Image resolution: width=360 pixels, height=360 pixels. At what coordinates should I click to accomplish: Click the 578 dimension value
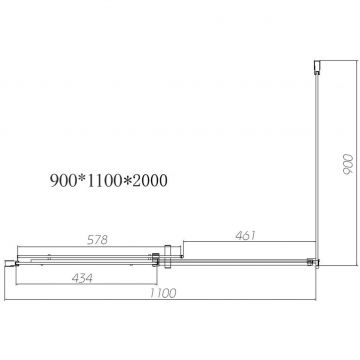click(x=97, y=240)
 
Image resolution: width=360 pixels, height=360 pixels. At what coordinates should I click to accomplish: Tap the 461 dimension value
click(x=245, y=235)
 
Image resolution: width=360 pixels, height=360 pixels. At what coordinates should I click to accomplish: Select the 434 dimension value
click(x=82, y=278)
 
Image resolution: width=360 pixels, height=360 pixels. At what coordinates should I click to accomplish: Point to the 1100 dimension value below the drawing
click(x=163, y=293)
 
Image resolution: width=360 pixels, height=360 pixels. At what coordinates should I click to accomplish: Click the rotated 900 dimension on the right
click(x=347, y=164)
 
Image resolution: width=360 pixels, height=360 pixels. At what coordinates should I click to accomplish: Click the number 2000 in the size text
click(x=150, y=181)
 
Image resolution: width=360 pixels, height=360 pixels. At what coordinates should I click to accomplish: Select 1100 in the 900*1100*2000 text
click(x=104, y=181)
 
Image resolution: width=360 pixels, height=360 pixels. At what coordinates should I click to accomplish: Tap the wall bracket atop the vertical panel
click(x=317, y=67)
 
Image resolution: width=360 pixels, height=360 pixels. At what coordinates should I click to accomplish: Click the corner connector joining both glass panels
click(x=314, y=262)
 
